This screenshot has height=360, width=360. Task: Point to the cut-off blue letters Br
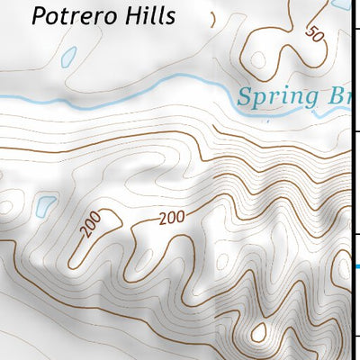coord(334,97)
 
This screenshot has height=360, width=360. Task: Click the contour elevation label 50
coord(314,34)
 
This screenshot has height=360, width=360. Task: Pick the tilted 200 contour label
coord(92,226)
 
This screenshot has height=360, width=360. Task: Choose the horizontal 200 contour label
coord(172,218)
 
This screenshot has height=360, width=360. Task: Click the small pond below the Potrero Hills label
coord(67,58)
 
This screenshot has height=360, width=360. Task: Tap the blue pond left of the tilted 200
coord(41,206)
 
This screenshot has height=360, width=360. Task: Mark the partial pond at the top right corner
coord(341,4)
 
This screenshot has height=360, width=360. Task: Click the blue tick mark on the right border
coord(356,265)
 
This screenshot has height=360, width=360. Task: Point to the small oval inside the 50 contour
coord(258,61)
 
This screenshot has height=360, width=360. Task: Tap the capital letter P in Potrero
coord(37,16)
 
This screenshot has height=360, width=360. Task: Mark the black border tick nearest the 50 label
coord(356,31)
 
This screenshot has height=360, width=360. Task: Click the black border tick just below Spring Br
coord(356,131)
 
